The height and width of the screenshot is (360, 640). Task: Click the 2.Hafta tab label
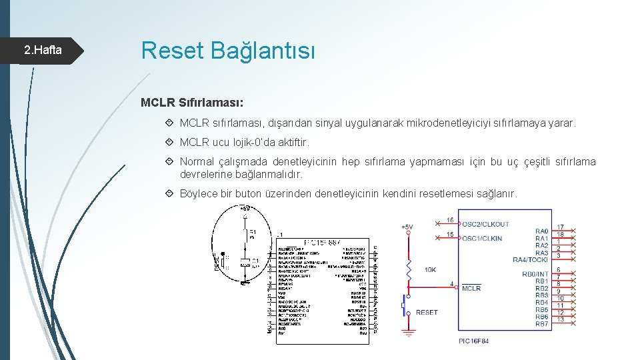point(43,50)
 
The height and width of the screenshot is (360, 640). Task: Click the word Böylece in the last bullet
point(199,193)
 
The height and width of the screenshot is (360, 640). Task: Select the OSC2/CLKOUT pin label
point(485,224)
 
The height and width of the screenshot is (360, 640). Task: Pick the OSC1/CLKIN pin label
point(482,238)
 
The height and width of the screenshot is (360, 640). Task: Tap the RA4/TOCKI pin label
point(530,259)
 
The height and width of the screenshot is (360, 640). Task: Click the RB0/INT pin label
point(535,274)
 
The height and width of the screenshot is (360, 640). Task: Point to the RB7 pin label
point(541,324)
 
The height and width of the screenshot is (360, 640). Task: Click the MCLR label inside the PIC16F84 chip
point(471,288)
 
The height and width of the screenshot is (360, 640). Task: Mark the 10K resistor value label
point(431,269)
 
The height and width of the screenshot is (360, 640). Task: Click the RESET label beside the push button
point(427,312)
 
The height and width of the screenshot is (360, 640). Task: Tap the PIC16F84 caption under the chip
point(473,340)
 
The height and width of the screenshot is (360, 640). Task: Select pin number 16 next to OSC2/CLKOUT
point(450,220)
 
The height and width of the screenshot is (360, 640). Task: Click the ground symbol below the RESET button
point(408,330)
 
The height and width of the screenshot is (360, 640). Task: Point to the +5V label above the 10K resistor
point(407,227)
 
